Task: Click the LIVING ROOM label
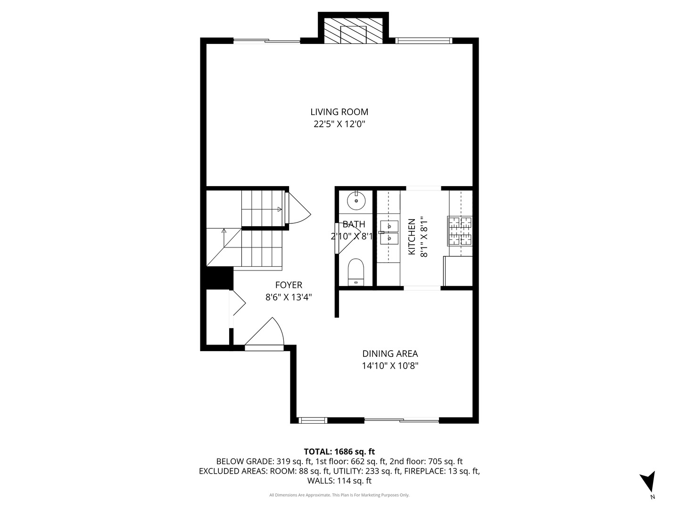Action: tap(339, 112)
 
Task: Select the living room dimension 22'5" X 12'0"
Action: tap(339, 124)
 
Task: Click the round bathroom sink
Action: tap(356, 201)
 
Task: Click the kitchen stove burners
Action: tap(460, 230)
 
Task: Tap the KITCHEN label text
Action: tap(411, 237)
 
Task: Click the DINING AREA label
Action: tap(389, 353)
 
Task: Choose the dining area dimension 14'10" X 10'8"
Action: tap(389, 366)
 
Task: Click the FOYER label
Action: tap(289, 285)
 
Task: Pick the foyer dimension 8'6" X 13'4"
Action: tap(289, 297)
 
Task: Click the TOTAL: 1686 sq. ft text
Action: tap(339, 452)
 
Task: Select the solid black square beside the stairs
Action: tap(217, 278)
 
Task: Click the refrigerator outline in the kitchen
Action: tap(458, 271)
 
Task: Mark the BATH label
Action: tap(354, 224)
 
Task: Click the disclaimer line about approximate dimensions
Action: tap(339, 495)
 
